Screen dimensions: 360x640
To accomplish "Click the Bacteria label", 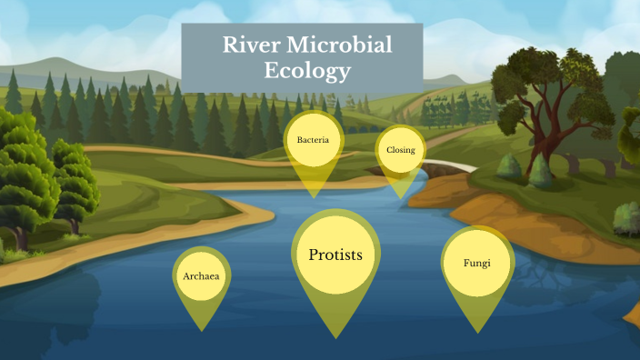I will (313, 140).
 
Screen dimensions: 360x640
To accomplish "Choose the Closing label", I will (401, 150).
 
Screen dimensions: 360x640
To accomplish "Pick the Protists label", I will (335, 255).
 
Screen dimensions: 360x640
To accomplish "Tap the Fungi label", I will (477, 264).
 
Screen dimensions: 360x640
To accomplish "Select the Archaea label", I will (201, 275).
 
